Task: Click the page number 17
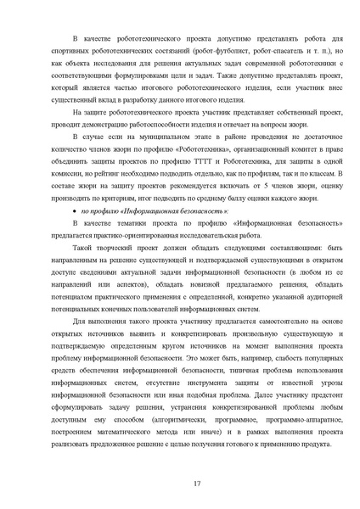[196, 484]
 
